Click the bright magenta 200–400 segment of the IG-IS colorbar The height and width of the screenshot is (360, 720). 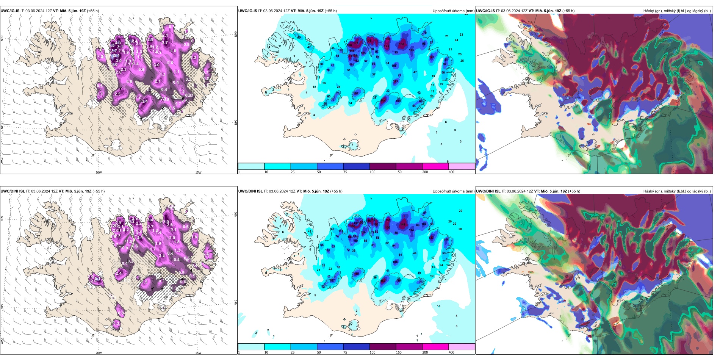(435, 166)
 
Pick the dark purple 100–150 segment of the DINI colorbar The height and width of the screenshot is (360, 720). (383, 347)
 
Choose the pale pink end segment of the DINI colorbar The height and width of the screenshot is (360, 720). (462, 347)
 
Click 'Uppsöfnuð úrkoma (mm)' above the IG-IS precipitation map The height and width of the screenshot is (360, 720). (453, 11)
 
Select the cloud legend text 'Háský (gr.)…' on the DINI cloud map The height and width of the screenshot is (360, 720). (677, 191)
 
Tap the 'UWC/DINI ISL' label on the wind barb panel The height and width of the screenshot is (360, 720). (13, 191)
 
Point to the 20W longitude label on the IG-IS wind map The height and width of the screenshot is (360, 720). (99, 172)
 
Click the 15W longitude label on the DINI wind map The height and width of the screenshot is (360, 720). (198, 353)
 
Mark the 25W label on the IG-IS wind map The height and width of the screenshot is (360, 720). (2, 161)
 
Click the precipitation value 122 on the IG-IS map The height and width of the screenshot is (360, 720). (432, 57)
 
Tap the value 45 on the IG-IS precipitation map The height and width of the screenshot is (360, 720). (299, 38)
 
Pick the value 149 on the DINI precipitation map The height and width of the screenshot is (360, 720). (403, 225)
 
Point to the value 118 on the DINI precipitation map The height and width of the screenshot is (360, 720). (356, 274)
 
